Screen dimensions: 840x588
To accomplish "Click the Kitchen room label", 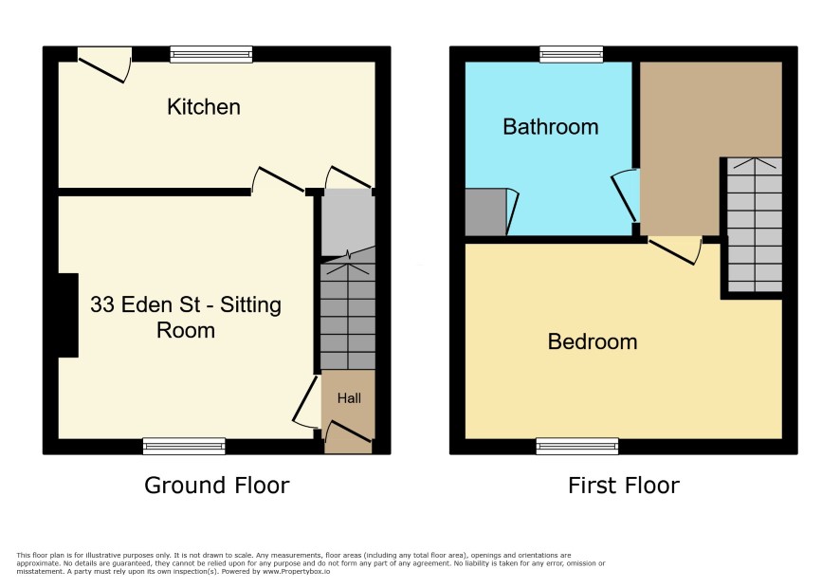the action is click(204, 106).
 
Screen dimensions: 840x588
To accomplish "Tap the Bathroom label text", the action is click(550, 127).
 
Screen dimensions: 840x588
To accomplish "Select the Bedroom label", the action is click(593, 341).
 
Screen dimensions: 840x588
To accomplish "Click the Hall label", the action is click(349, 397).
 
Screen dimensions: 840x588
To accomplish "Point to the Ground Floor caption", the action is click(217, 485).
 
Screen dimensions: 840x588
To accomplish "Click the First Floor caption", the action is click(624, 485).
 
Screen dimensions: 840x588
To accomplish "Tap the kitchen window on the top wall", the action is click(211, 54).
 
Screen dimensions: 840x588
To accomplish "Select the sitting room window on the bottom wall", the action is click(184, 446).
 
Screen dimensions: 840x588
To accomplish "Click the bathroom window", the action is click(571, 54).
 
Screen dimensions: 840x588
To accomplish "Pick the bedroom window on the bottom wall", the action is click(577, 446).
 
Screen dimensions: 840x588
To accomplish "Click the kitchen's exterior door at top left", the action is click(105, 65).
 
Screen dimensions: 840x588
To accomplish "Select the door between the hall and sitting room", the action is click(306, 402).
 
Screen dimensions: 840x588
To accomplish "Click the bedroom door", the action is click(675, 249).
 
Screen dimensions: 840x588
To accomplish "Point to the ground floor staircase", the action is click(348, 316).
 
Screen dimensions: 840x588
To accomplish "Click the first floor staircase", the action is click(755, 225).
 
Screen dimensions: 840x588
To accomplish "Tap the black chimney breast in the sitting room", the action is click(68, 315).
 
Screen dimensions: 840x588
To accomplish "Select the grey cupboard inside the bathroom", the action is click(485, 211).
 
